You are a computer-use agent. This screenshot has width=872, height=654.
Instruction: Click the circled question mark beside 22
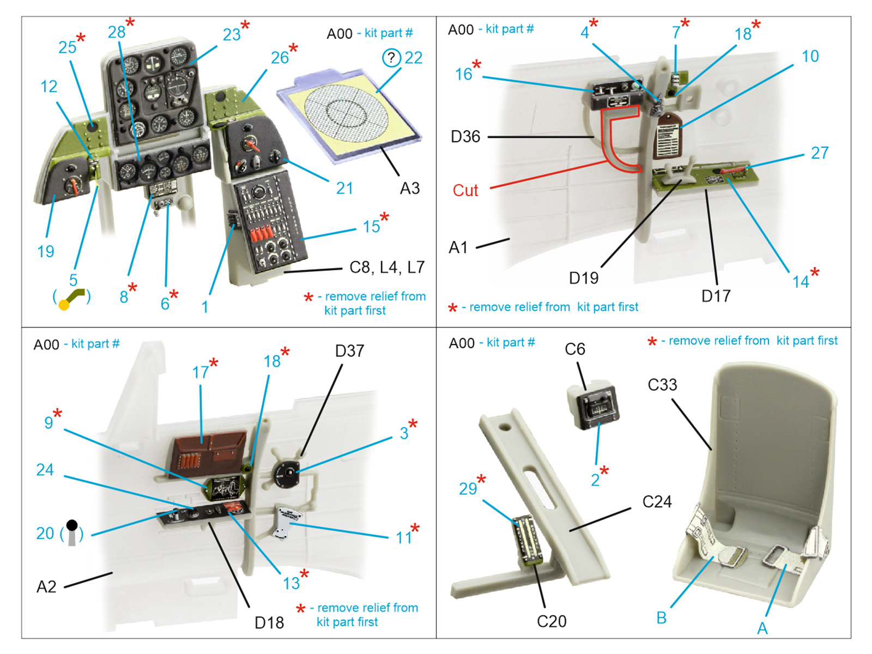coord(391,57)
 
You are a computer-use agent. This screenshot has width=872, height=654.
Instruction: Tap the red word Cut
coord(465,190)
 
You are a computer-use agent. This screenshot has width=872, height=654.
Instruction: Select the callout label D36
coord(465,136)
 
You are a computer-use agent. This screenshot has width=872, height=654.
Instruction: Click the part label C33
coord(662,385)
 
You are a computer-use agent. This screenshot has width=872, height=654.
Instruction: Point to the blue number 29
coord(468,489)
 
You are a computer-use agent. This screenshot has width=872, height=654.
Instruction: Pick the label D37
coord(349,351)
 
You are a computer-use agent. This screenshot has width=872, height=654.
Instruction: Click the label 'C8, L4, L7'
coord(386,267)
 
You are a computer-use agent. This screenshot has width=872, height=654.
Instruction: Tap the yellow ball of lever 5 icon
coord(64,305)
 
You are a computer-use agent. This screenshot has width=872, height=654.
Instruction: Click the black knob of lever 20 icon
coord(72,525)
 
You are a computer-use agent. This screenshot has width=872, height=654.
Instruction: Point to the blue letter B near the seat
coord(661,617)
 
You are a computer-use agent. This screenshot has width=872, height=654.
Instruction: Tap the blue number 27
coord(819,153)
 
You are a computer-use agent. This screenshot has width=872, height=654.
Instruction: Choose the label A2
coord(46,586)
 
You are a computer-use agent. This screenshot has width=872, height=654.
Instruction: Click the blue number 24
coord(45,470)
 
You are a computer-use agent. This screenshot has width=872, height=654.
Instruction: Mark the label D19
coord(583,278)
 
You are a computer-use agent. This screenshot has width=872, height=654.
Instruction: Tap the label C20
coord(551,621)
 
